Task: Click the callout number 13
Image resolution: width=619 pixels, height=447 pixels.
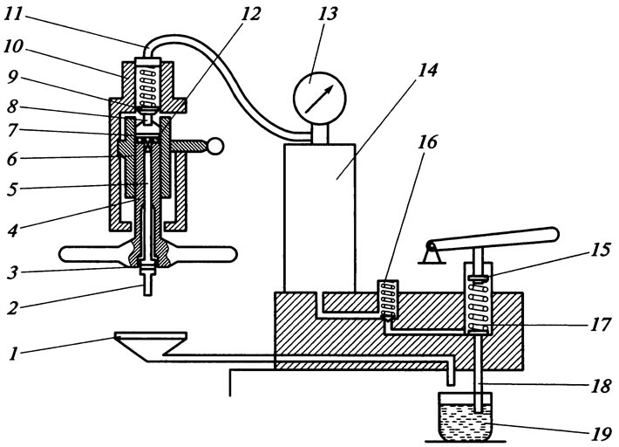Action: [328, 14]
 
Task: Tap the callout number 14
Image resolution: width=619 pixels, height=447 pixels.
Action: [427, 71]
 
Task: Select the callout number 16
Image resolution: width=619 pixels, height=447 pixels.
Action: [428, 142]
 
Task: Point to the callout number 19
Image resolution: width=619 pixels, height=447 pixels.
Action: [601, 435]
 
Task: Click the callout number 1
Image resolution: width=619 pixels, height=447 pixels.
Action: [13, 354]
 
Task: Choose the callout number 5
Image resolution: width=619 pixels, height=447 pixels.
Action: [12, 189]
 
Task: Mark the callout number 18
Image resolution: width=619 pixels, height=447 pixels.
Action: [601, 385]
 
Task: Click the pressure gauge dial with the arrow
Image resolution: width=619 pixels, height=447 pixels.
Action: [319, 98]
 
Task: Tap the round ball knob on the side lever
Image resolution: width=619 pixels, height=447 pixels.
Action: [214, 146]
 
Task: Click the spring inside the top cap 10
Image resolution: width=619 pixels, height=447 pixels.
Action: [148, 84]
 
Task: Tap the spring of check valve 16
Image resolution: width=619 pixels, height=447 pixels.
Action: [389, 297]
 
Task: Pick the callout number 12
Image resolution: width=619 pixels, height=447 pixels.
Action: [250, 15]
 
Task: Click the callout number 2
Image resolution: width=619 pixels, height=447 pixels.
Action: [12, 307]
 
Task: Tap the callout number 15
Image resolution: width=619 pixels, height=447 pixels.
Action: [601, 251]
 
